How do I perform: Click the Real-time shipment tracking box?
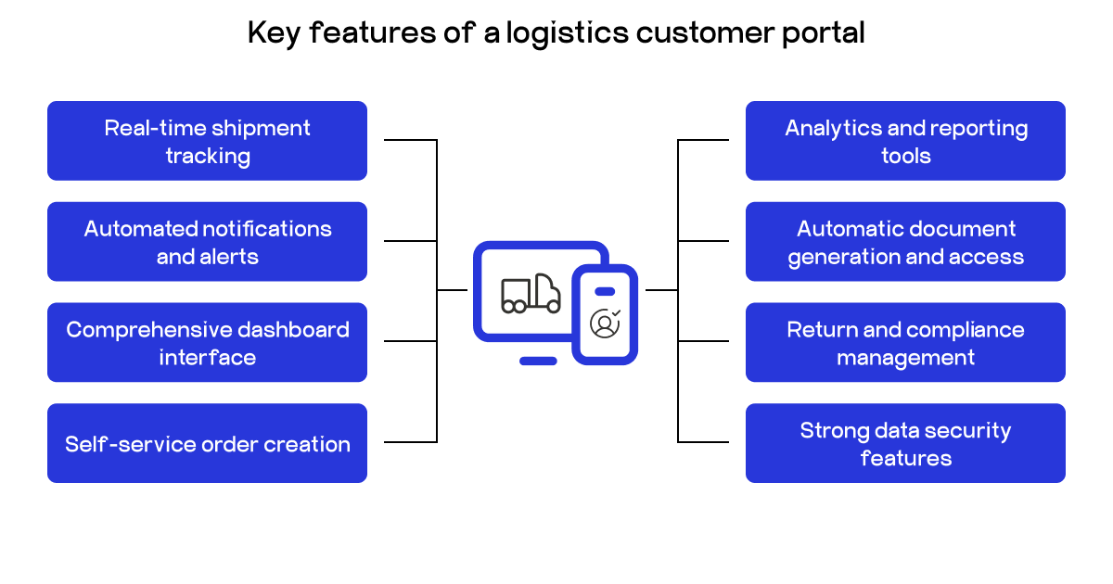207,141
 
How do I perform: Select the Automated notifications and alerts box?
207,242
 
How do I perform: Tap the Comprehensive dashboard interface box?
207,343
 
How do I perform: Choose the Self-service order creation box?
207,443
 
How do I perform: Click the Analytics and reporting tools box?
905,141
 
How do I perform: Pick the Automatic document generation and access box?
905,242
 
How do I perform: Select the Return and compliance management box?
905,343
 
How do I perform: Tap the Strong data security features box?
905,443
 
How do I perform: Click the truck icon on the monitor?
531,294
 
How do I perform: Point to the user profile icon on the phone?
605,323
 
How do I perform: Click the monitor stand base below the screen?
538,361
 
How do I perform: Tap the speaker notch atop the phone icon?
605,291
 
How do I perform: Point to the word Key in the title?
274,33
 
